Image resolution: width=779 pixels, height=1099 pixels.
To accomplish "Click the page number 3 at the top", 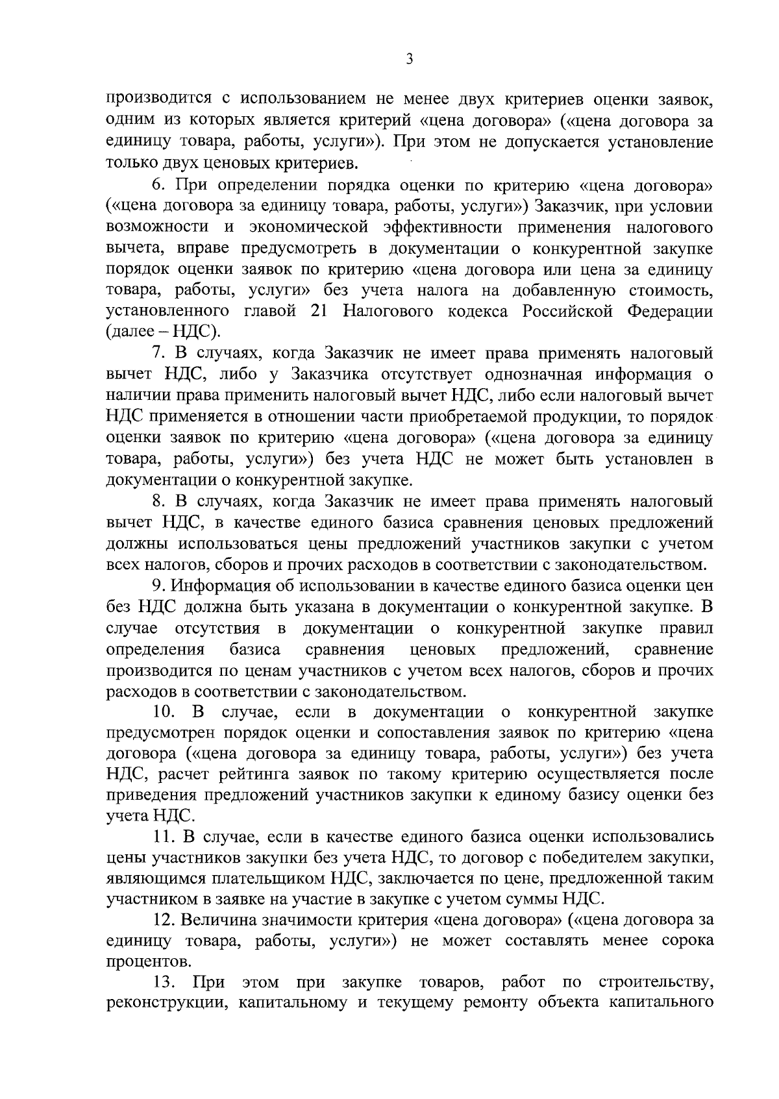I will point(409,60).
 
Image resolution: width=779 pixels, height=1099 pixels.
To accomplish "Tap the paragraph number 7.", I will point(157,354).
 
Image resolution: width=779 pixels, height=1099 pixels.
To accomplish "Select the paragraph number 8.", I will point(157,501).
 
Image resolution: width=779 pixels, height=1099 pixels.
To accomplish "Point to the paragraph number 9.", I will point(156,586).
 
